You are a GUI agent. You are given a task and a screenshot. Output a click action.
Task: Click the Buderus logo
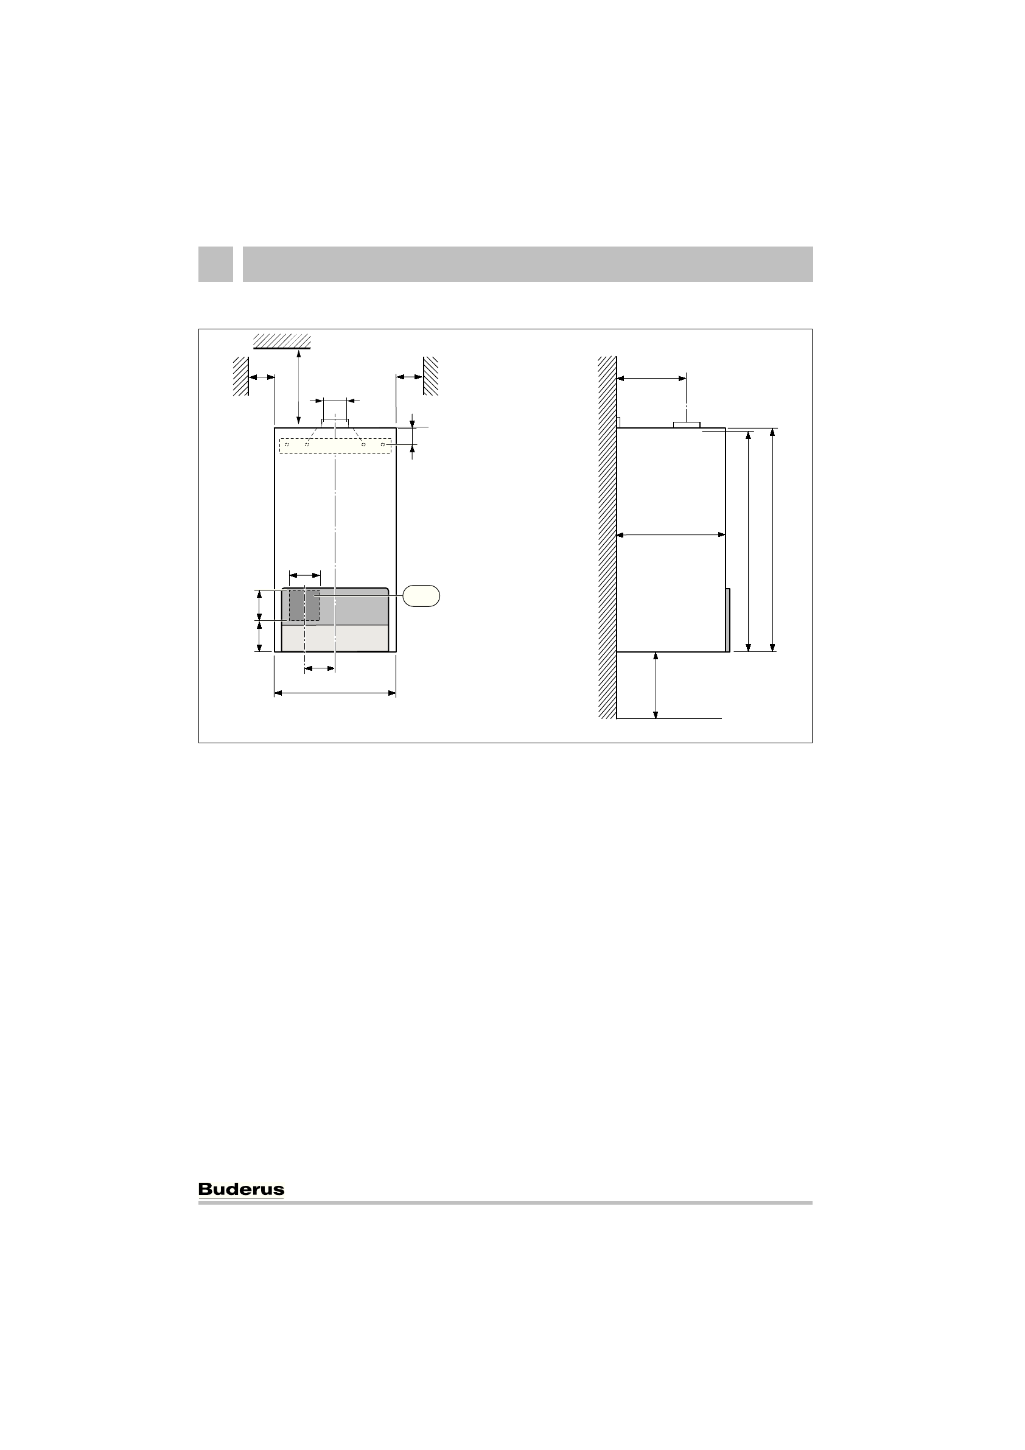[x=241, y=1189]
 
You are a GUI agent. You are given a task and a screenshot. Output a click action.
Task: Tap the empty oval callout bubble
[x=422, y=595]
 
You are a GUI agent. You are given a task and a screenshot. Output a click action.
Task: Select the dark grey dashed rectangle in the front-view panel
[x=304, y=606]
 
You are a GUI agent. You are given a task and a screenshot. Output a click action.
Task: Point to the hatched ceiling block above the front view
[x=282, y=341]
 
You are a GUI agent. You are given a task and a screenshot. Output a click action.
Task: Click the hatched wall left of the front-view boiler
[x=240, y=376]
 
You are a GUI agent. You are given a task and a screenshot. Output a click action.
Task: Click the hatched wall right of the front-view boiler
[x=431, y=376]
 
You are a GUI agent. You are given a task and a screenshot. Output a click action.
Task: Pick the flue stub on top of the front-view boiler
[x=335, y=423]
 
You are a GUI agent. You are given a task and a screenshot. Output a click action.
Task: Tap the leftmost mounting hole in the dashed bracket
[x=287, y=444]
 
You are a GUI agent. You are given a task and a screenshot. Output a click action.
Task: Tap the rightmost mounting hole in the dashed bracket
[x=383, y=444]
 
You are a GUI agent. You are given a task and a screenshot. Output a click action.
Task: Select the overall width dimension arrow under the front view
[x=335, y=693]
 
